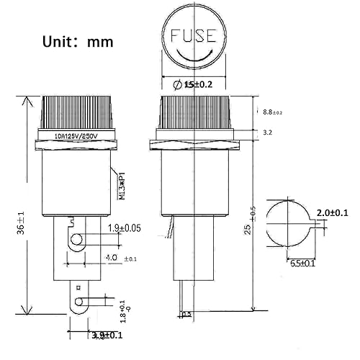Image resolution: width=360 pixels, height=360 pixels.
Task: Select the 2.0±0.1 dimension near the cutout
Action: (x=332, y=212)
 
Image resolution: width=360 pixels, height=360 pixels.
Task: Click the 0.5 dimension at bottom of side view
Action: (x=186, y=314)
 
